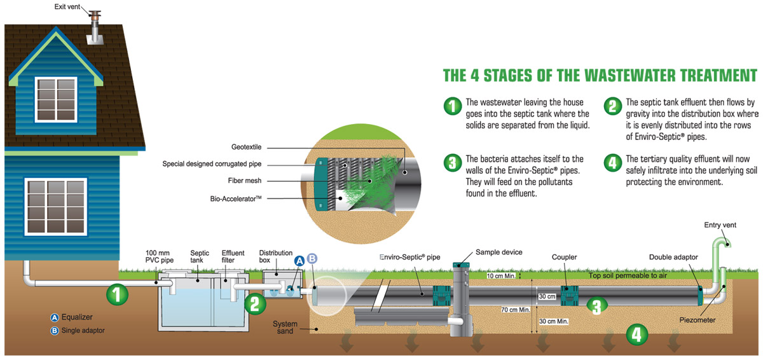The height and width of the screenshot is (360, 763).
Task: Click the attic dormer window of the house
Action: (x=55, y=94)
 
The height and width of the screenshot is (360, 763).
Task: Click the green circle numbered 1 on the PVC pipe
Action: (x=117, y=294)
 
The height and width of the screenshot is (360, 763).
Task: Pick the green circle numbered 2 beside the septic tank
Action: (x=254, y=303)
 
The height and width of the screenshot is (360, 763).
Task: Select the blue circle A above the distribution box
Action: (x=299, y=261)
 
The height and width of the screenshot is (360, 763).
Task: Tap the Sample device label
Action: (x=498, y=253)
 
